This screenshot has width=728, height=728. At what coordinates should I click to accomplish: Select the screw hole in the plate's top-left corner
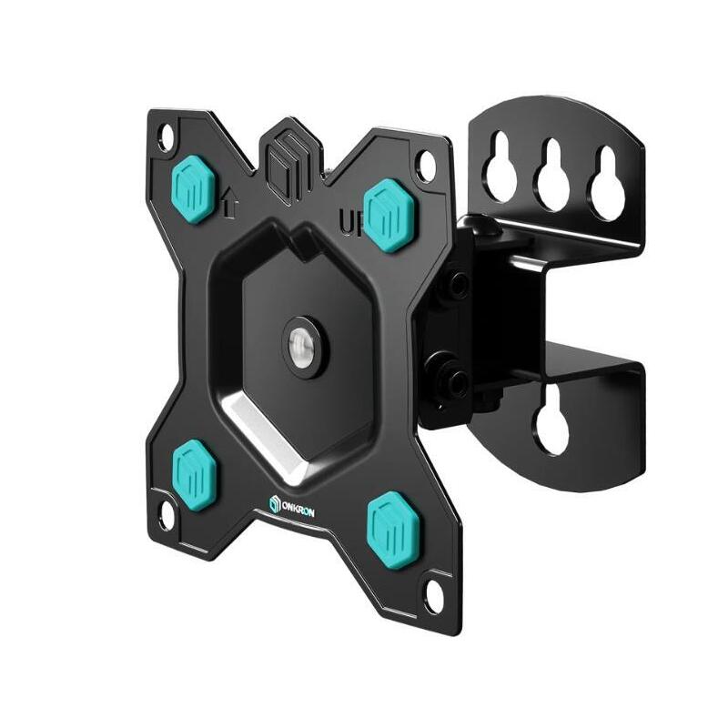[x=165, y=138]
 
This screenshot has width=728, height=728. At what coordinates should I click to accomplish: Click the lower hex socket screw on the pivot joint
[x=454, y=380]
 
